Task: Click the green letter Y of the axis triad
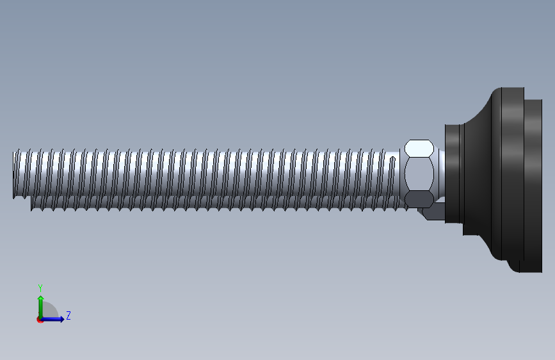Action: coord(40,288)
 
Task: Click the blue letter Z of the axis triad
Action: coord(68,315)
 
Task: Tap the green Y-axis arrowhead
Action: coord(41,298)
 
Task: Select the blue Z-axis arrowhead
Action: coord(62,319)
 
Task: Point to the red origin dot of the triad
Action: coord(40,320)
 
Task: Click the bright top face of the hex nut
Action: coord(419,148)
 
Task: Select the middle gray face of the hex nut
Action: coord(419,174)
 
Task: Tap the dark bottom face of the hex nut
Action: coord(419,199)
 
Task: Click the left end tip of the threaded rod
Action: coord(13,175)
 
